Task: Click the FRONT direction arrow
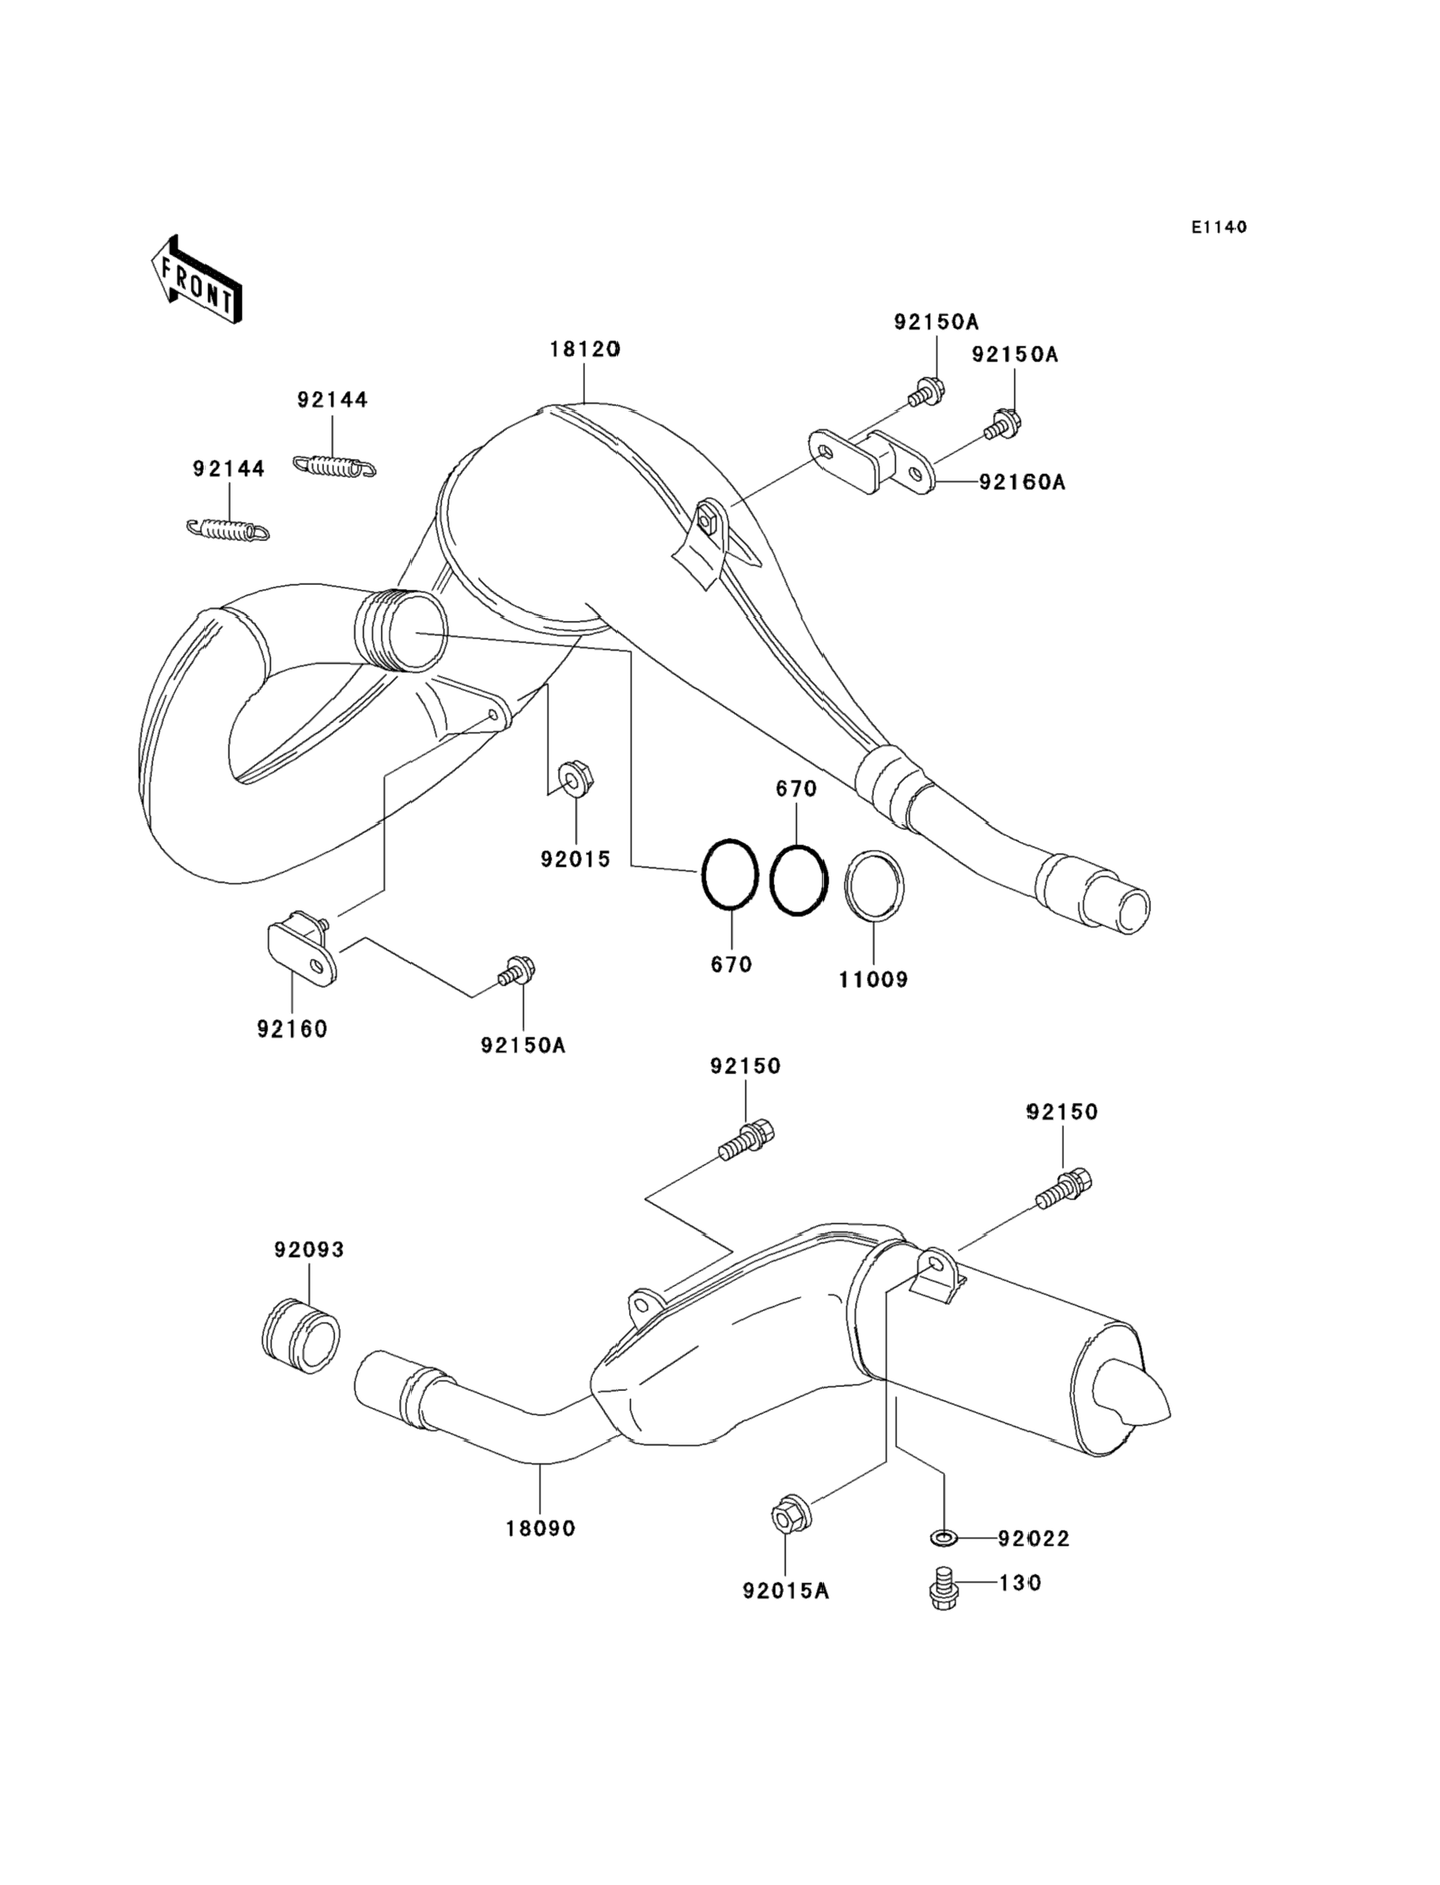[196, 280]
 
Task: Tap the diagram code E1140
[1218, 227]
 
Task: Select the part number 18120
[584, 350]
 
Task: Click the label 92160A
[1022, 482]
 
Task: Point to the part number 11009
[872, 979]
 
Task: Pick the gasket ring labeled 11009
[874, 887]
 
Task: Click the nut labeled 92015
[576, 778]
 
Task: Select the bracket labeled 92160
[300, 953]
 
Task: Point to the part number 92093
[310, 1250]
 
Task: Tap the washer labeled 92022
[943, 1539]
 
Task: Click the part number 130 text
[1020, 1583]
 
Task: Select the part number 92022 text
[1034, 1539]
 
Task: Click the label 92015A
[786, 1591]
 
